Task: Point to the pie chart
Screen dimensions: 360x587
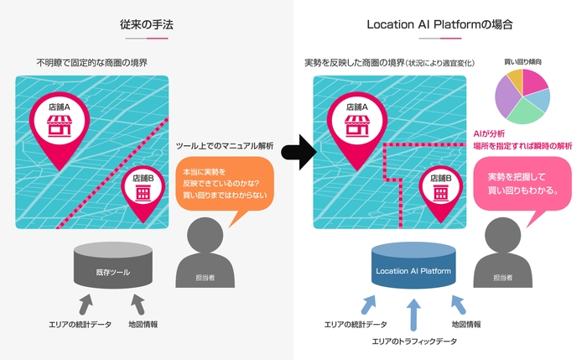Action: (x=522, y=97)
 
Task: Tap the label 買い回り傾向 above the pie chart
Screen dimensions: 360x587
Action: (x=522, y=61)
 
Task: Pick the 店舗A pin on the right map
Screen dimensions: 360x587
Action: (x=357, y=126)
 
